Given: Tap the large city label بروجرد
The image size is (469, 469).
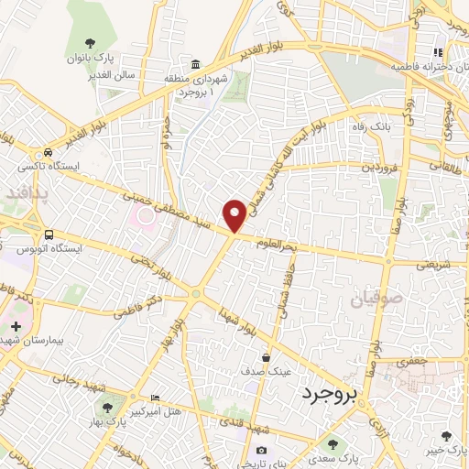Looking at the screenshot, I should pos(331,394).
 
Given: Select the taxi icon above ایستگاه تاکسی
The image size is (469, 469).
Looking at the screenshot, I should pos(46,153).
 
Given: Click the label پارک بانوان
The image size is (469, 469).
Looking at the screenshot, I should pos(88,58).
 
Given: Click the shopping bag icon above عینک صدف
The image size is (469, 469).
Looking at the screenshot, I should pos(266,358).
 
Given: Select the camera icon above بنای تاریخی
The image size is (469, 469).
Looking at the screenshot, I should pos(262,450).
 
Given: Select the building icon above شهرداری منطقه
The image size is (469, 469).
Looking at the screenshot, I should pos(195,65).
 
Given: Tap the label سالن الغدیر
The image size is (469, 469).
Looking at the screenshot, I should pos(113,74).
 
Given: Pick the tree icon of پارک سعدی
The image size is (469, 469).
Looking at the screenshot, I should pos(333,442).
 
